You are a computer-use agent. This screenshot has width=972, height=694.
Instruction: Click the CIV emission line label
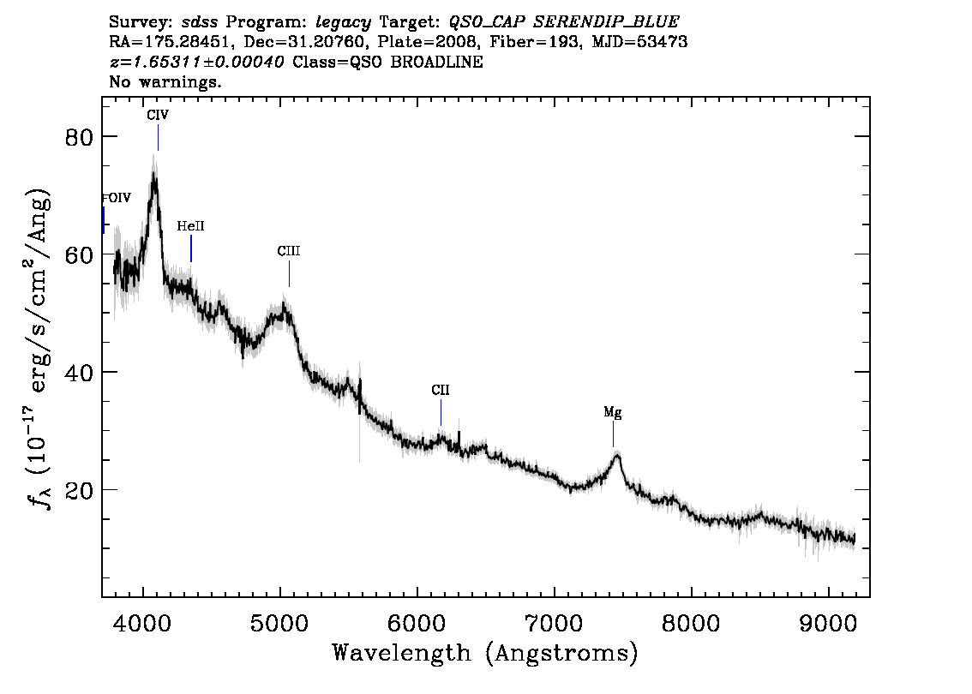(158, 116)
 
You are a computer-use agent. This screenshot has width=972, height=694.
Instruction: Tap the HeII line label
(190, 226)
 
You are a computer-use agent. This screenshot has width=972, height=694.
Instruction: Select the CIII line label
(289, 251)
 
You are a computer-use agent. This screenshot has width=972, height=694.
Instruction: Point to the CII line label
(440, 391)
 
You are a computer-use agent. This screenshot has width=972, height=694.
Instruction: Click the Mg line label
(613, 413)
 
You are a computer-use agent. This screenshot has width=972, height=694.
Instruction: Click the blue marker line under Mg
(613, 434)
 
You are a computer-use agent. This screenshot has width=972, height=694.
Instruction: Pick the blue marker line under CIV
(158, 138)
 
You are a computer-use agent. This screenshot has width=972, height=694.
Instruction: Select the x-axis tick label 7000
(554, 624)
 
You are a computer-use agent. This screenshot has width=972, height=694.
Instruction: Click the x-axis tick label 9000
(827, 624)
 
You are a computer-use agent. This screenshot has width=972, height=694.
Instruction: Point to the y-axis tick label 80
(79, 137)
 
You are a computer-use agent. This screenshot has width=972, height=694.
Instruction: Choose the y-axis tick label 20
(79, 490)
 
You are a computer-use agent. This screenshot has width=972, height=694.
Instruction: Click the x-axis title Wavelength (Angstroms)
(485, 653)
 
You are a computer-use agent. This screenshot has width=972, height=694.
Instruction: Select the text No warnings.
(165, 81)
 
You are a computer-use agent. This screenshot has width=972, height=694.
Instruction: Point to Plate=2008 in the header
(428, 42)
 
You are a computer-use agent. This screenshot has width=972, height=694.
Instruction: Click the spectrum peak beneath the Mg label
(617, 456)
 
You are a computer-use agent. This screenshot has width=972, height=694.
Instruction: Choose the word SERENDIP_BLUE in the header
(606, 22)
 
